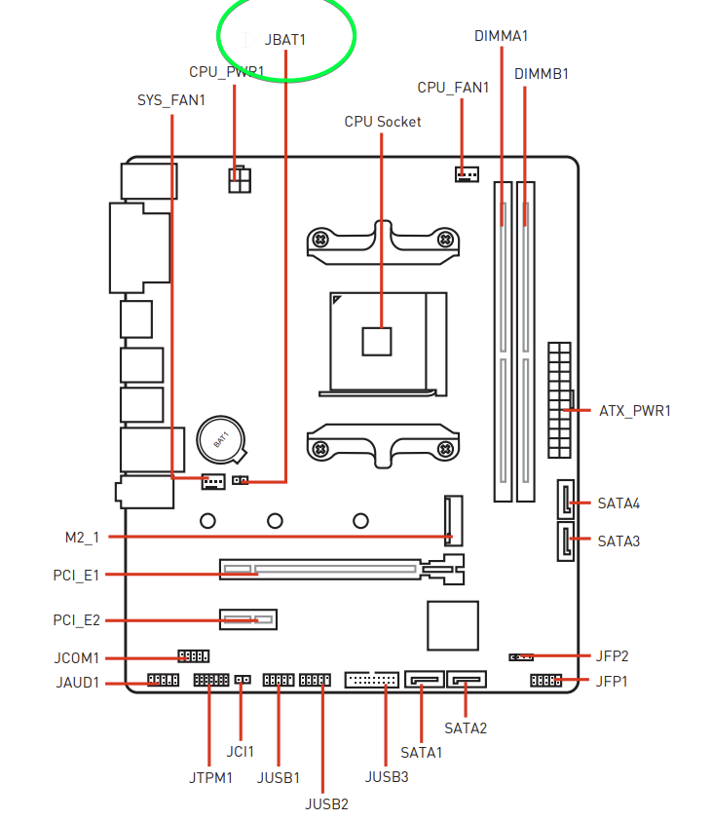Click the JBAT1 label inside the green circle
click(x=284, y=40)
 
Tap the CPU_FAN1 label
click(x=453, y=88)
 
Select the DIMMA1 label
click(x=501, y=36)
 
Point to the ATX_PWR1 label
click(x=634, y=411)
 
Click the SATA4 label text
click(x=618, y=503)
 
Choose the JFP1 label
click(x=612, y=681)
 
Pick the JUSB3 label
click(x=387, y=776)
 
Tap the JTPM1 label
click(x=211, y=777)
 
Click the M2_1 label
click(x=83, y=537)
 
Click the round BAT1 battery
click(x=221, y=438)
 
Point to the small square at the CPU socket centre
click(x=376, y=342)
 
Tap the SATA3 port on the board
click(x=565, y=540)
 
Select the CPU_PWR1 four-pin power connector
click(x=240, y=180)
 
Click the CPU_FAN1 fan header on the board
click(x=467, y=175)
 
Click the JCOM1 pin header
click(x=193, y=656)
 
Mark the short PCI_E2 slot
click(x=248, y=619)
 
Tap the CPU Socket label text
click(x=383, y=122)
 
